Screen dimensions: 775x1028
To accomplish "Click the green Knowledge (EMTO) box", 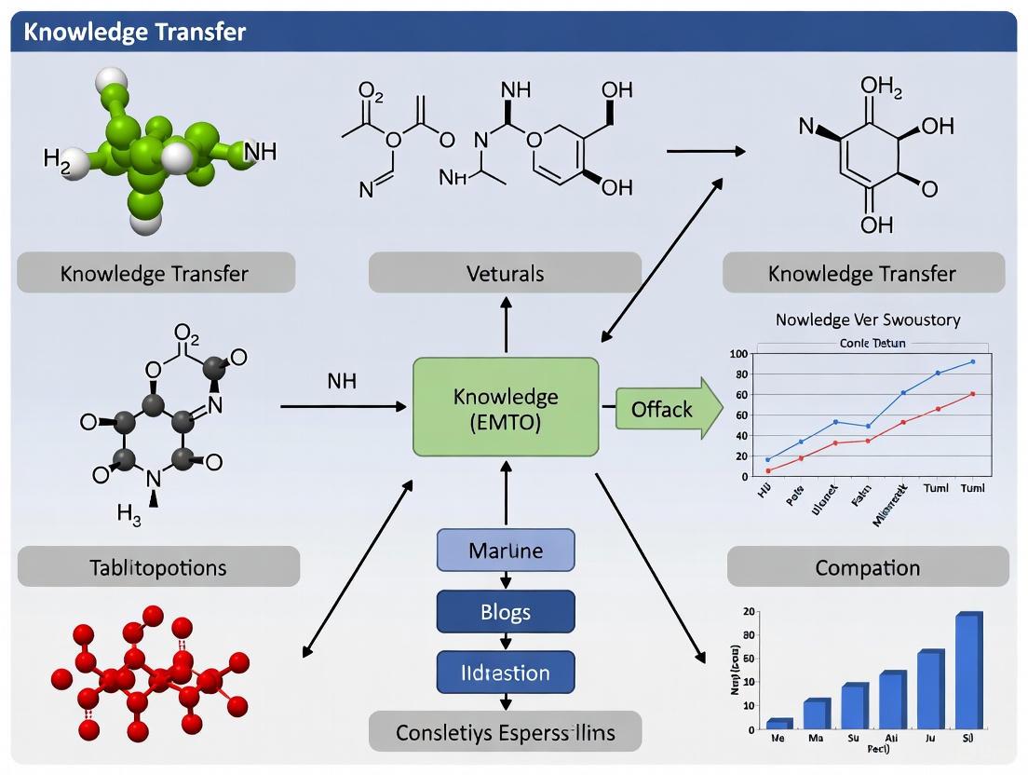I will pos(506,408).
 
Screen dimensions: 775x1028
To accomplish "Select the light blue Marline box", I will pos(506,551).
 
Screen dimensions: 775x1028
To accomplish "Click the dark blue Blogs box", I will pos(506,612).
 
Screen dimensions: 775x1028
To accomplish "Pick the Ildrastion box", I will pos(506,673).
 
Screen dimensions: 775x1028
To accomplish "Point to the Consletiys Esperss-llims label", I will pos(506,732).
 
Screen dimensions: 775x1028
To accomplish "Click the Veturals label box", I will pos(506,274).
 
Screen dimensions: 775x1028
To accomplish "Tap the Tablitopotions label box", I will pos(158,566).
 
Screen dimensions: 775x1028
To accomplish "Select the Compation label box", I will pos(867,566).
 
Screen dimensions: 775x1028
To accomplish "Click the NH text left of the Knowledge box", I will pos(342,382).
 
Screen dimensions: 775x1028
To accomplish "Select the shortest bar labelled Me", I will pos(778,723).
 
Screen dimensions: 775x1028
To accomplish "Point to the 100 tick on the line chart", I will pos(739,354).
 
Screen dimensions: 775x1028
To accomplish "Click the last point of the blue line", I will pos(972,361).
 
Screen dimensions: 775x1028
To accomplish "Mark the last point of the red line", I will pos(972,393).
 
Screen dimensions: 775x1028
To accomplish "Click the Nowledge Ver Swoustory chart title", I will pos(868,320).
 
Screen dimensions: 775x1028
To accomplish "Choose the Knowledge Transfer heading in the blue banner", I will pos(135,32).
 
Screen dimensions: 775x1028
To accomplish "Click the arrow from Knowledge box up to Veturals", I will pos(506,325).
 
